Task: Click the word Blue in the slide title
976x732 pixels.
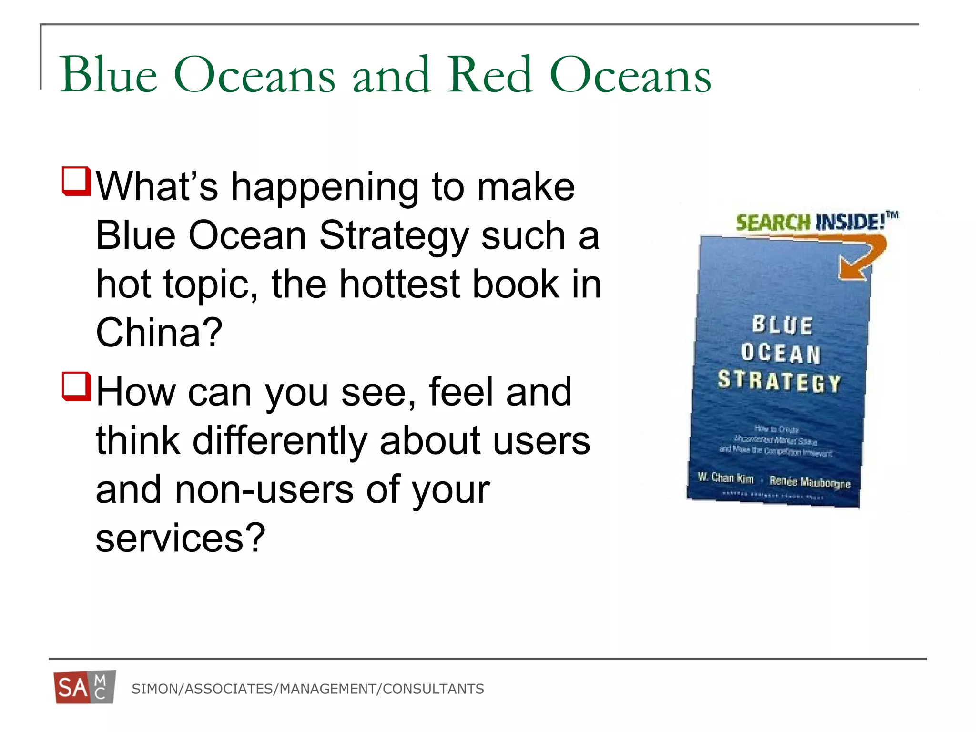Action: click(x=108, y=75)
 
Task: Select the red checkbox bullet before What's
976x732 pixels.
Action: click(x=76, y=181)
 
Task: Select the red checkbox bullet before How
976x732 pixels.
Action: click(x=76, y=386)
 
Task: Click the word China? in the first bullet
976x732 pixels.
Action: click(x=159, y=332)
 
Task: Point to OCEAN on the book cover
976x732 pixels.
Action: click(x=781, y=353)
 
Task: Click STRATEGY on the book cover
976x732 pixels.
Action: click(x=780, y=381)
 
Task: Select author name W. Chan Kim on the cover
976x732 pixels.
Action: click(x=725, y=478)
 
